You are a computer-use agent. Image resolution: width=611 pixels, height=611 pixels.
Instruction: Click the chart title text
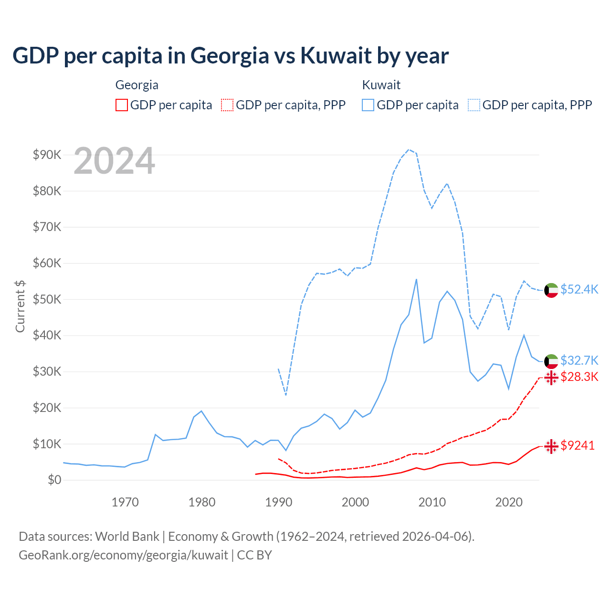click(x=230, y=56)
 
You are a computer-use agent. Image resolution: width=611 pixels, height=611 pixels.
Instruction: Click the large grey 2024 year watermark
click(x=115, y=161)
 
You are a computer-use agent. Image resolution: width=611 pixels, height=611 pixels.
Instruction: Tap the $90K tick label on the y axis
click(x=47, y=155)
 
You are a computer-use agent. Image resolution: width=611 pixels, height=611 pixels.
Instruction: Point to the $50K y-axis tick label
click(x=47, y=299)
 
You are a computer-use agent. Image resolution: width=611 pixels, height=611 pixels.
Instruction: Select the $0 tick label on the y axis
click(x=54, y=480)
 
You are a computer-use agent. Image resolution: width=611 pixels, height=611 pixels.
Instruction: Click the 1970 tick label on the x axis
click(x=125, y=502)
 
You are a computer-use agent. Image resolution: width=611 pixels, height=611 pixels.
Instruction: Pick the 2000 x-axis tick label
click(x=355, y=502)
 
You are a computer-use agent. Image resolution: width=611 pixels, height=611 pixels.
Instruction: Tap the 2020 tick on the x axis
click(x=509, y=502)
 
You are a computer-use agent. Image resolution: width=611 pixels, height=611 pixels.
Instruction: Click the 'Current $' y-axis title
click(x=20, y=306)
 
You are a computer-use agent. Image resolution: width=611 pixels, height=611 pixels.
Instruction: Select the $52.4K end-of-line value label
click(x=579, y=290)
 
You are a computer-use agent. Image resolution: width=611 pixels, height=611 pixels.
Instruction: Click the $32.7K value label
click(x=579, y=360)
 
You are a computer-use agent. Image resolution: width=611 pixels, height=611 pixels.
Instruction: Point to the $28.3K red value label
click(x=579, y=377)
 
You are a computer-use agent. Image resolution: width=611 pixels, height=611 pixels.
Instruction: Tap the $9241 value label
click(x=577, y=445)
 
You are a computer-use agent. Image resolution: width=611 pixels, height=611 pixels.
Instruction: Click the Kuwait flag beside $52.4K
click(x=551, y=290)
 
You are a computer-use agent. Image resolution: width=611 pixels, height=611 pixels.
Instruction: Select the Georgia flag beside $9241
click(x=551, y=446)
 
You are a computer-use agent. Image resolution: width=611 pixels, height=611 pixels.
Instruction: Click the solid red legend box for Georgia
click(x=122, y=105)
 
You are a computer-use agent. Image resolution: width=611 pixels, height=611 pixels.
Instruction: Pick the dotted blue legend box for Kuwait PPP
click(x=474, y=105)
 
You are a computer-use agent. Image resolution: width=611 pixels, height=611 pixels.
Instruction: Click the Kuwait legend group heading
click(x=381, y=85)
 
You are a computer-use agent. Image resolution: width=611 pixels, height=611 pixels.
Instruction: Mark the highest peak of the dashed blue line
click(x=409, y=149)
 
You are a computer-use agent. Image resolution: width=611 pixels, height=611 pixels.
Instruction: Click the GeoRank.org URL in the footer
click(x=123, y=555)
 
